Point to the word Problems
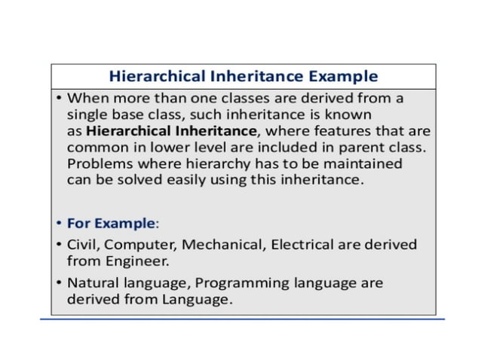tap(100, 163)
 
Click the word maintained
tap(361, 163)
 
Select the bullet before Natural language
tap(58, 282)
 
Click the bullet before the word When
tap(58, 99)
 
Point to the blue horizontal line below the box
tap(241, 320)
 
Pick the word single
tap(86, 114)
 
